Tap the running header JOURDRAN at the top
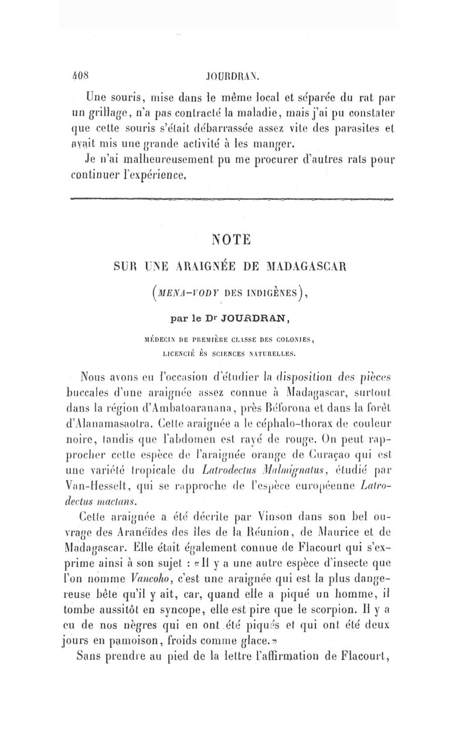tap(232, 75)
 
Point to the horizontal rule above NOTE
tap(232, 200)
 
